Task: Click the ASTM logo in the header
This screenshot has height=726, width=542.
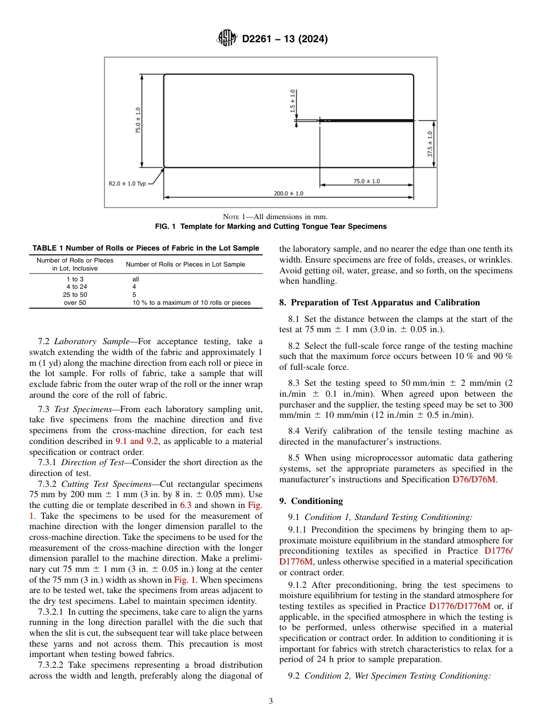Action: pos(226,39)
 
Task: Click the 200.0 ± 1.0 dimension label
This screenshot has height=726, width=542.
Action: pos(288,193)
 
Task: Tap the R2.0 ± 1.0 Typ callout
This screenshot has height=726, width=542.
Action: pos(128,184)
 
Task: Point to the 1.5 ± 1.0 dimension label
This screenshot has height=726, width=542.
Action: pos(293,100)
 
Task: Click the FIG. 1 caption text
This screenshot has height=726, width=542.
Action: pos(271,227)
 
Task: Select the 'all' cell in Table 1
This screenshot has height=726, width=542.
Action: pos(136,279)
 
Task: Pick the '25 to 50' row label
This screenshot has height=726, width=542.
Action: pos(75,295)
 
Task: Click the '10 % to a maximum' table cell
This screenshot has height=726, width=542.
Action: pos(191,302)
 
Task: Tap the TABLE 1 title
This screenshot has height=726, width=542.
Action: pos(145,248)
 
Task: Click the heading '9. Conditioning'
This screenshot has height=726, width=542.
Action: pos(311,501)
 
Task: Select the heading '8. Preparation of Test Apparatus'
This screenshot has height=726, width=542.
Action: pos(379,302)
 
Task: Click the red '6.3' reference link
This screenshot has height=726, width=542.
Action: pos(185,505)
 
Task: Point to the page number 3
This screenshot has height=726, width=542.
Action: pos(271,701)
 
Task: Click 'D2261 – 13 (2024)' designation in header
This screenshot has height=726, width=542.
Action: pos(285,39)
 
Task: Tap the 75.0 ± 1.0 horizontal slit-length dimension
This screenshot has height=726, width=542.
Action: pos(366,181)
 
